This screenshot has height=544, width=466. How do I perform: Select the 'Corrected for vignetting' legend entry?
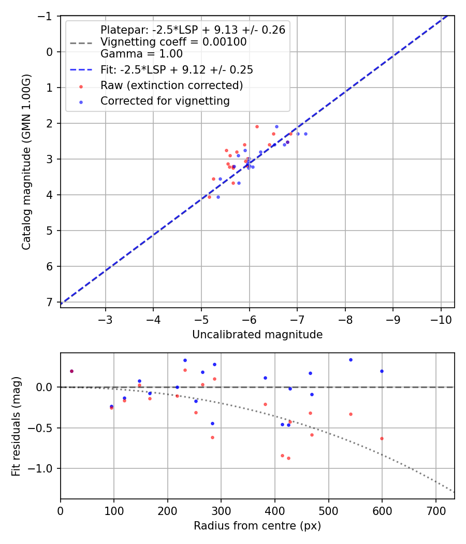click(x=165, y=101)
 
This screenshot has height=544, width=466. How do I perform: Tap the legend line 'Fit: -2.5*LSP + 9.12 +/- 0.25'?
click(x=177, y=69)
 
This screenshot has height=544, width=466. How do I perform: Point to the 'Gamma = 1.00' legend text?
click(x=141, y=53)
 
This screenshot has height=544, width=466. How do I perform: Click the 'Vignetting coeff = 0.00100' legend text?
click(x=173, y=41)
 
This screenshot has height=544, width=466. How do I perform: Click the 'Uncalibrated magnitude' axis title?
click(x=257, y=335)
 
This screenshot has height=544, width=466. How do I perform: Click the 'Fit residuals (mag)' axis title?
click(x=16, y=426)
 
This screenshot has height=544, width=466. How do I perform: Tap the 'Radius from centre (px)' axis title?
click(x=257, y=526)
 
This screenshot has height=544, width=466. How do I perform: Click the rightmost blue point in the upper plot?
click(x=305, y=134)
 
